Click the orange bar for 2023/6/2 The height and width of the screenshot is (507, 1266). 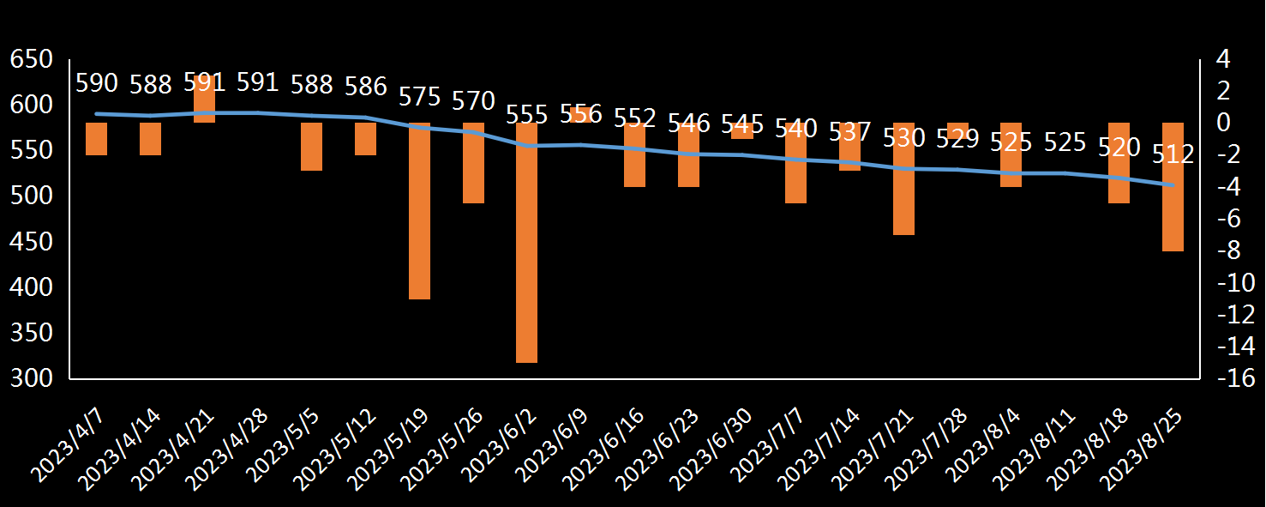526,243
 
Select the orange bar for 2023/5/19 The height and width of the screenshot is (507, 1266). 419,211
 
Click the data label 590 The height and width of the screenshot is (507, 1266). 97,83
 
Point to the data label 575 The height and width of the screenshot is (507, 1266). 419,96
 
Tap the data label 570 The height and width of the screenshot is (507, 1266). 473,100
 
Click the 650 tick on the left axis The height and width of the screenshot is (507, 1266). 31,60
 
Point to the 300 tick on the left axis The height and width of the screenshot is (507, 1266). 31,378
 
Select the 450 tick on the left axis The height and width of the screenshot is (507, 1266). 31,243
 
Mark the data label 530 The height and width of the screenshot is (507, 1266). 904,137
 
